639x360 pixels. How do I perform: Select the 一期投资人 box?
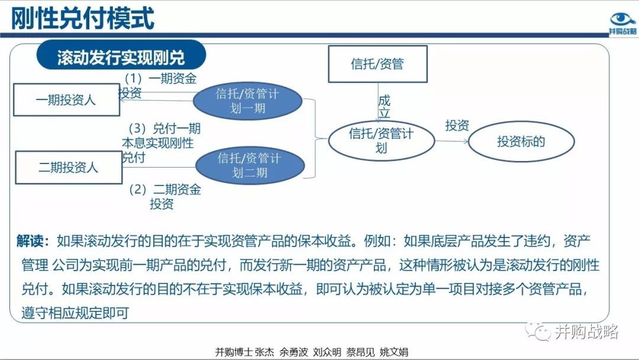[66, 100]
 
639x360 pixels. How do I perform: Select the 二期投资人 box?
[69, 167]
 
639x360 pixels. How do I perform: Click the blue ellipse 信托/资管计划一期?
[247, 101]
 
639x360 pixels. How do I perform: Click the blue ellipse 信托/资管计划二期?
[250, 165]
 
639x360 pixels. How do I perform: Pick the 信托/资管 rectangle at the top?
[377, 64]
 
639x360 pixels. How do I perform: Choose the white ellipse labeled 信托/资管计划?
[381, 140]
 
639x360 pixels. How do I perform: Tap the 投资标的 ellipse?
[521, 142]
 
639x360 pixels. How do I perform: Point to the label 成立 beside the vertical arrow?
[385, 107]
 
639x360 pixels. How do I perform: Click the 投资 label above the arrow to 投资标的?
[457, 125]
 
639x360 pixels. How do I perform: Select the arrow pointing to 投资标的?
[452, 142]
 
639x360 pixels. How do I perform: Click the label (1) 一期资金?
[160, 78]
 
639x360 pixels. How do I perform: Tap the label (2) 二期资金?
[165, 189]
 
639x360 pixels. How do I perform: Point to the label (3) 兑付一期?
[164, 128]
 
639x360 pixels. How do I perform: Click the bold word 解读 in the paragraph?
[30, 241]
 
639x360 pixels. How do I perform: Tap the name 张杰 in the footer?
[264, 352]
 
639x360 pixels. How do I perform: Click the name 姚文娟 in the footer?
[393, 352]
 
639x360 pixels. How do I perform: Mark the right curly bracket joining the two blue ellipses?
[316, 139]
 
